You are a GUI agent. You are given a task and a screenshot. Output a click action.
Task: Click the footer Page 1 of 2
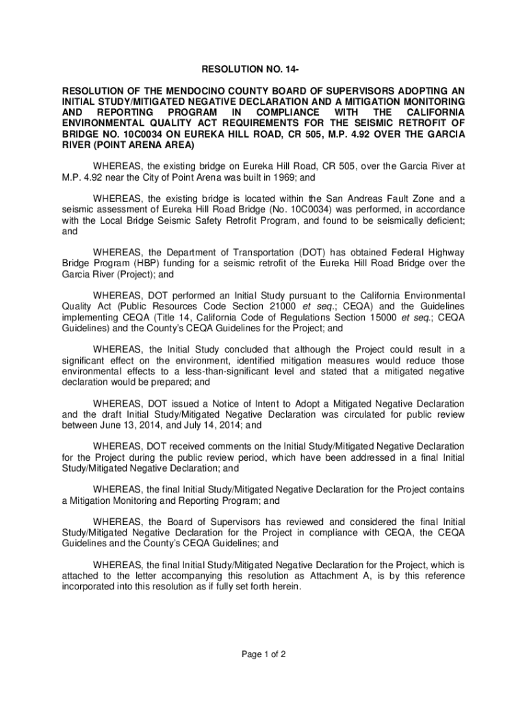(263, 654)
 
